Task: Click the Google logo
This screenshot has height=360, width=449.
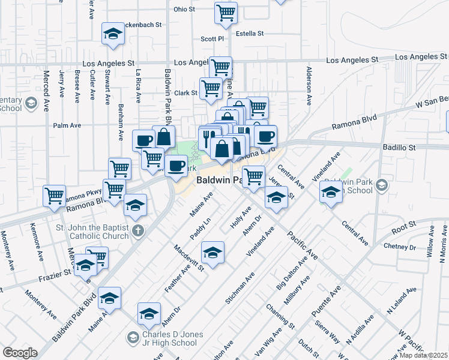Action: (x=20, y=353)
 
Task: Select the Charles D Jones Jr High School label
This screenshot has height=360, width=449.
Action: (x=173, y=338)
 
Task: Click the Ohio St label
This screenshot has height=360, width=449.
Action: (x=184, y=10)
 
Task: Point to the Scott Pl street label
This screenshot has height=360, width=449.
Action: (x=212, y=38)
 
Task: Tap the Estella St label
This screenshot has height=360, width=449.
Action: (x=250, y=34)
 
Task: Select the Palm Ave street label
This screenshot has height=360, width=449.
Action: (x=67, y=125)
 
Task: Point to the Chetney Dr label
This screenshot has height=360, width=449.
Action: (x=400, y=247)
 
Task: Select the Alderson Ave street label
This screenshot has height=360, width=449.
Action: (x=309, y=86)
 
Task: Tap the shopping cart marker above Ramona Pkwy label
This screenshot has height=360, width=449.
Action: (x=55, y=195)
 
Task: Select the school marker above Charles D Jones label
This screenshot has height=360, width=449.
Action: (x=149, y=314)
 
